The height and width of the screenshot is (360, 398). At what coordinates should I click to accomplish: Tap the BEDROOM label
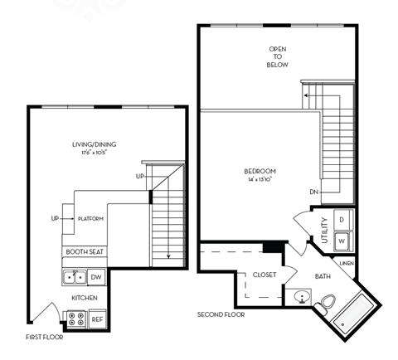pyautogui.click(x=260, y=175)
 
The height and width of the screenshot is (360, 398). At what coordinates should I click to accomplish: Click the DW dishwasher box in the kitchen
pyautogui.click(x=96, y=277)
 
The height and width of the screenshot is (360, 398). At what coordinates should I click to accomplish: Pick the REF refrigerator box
pyautogui.click(x=97, y=317)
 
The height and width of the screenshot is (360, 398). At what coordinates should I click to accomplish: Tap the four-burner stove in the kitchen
pyautogui.click(x=75, y=317)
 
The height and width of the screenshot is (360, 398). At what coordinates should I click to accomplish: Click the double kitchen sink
pyautogui.click(x=75, y=277)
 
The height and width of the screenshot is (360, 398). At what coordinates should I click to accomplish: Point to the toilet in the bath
pyautogui.click(x=325, y=302)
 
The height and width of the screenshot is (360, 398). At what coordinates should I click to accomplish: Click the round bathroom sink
pyautogui.click(x=300, y=297)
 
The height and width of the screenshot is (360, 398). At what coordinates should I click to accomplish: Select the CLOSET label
pyautogui.click(x=265, y=275)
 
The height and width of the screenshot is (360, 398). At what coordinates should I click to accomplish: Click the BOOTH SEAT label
pyautogui.click(x=84, y=251)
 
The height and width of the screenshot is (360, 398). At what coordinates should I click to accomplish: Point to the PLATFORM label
pyautogui.click(x=90, y=219)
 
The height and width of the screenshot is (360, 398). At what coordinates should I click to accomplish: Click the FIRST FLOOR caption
pyautogui.click(x=43, y=337)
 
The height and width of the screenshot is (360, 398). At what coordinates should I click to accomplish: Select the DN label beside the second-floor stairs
pyautogui.click(x=314, y=192)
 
